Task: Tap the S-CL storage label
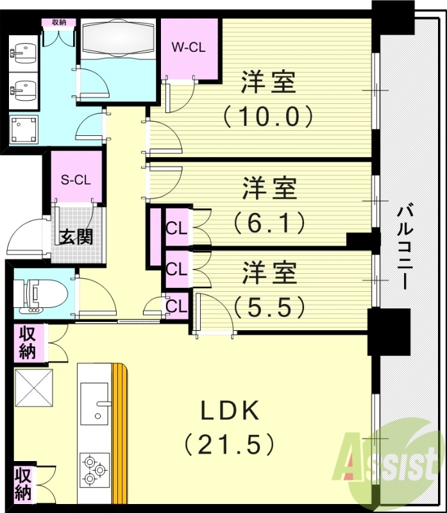click(76, 179)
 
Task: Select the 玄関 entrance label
click(76, 237)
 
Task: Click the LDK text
click(231, 410)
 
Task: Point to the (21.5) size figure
click(231, 443)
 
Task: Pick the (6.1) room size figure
click(268, 223)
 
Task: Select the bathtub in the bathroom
click(119, 38)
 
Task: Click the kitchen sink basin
click(94, 401)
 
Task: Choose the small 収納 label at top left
click(59, 22)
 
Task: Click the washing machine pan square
click(24, 130)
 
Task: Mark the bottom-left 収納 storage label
click(24, 484)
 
